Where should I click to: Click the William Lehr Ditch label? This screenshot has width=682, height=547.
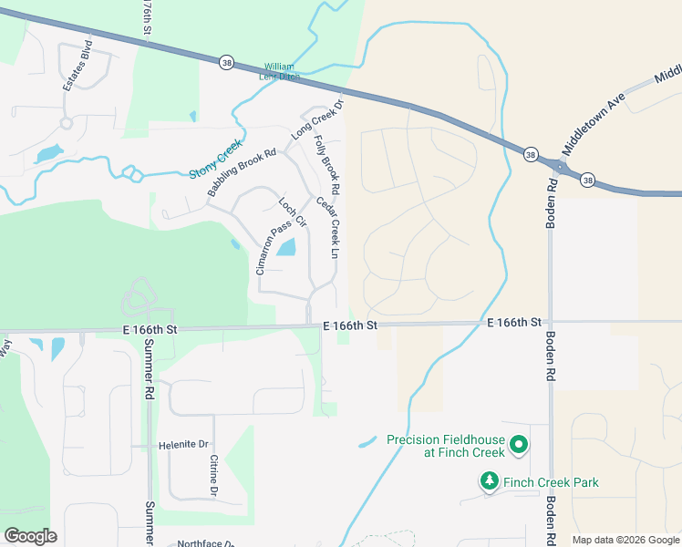click(282, 71)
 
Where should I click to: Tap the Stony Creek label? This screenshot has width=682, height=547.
click(216, 159)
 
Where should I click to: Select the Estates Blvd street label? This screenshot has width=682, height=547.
click(77, 64)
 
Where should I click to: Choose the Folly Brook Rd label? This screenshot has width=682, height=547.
click(327, 165)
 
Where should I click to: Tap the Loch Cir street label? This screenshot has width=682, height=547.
click(293, 212)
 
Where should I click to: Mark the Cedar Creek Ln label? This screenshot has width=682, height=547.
click(327, 226)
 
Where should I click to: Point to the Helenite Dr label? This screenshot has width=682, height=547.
click(183, 445)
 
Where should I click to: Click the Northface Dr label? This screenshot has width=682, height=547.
click(205, 542)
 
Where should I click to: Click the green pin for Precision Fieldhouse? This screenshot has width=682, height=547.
click(519, 445)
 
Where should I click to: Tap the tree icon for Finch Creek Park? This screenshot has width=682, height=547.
click(490, 480)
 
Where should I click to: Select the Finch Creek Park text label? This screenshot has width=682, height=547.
click(551, 482)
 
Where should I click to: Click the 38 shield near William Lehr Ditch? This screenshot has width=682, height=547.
click(226, 62)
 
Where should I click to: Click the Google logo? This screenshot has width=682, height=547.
click(30, 536)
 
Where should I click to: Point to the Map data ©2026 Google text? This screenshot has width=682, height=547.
click(625, 540)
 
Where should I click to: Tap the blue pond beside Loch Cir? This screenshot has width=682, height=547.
click(286, 246)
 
